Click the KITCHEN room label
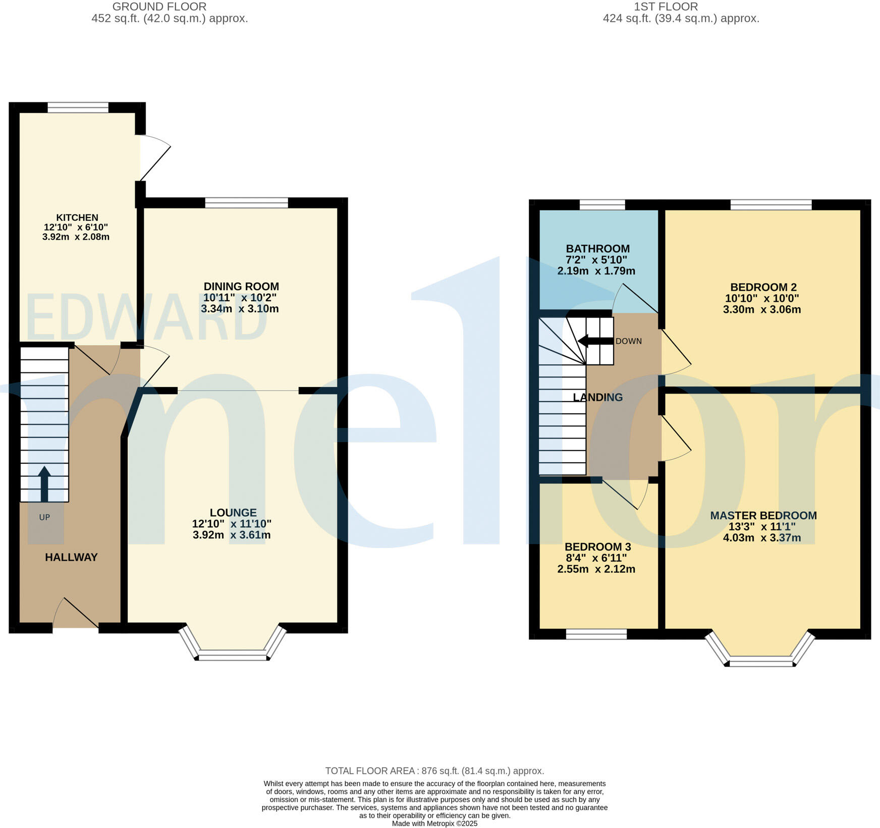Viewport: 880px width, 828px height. [77, 217]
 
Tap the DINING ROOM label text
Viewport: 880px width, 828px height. [241, 287]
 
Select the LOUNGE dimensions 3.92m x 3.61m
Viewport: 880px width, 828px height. [232, 535]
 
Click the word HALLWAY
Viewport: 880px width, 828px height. [71, 557]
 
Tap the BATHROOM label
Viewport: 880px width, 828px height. [597, 248]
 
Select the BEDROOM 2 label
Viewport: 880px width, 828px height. [762, 287]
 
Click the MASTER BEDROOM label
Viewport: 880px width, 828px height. [763, 515]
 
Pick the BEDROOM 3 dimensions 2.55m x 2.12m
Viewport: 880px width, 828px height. [596, 569]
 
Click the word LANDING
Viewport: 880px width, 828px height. [598, 397]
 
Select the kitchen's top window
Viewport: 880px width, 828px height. [78, 107]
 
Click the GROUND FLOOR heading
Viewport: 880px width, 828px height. [159, 7]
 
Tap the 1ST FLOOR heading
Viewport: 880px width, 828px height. [666, 7]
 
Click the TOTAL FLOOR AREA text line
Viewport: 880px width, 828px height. [434, 771]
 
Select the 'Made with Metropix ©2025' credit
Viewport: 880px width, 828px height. [434, 823]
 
